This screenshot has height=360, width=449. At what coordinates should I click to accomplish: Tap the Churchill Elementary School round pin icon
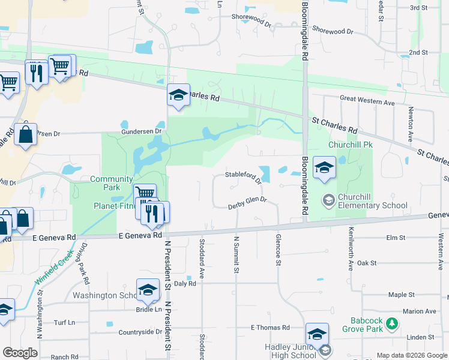328,200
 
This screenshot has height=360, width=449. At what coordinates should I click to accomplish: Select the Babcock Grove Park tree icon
392,324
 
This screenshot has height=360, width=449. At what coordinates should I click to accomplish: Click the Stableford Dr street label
243,175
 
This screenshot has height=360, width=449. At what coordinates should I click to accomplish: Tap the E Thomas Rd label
270,328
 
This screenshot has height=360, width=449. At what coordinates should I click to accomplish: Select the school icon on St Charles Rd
178,95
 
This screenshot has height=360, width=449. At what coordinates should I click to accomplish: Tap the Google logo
20,353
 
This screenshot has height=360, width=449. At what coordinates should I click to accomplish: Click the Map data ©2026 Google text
411,355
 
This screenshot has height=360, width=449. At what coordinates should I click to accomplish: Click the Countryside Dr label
140,332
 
